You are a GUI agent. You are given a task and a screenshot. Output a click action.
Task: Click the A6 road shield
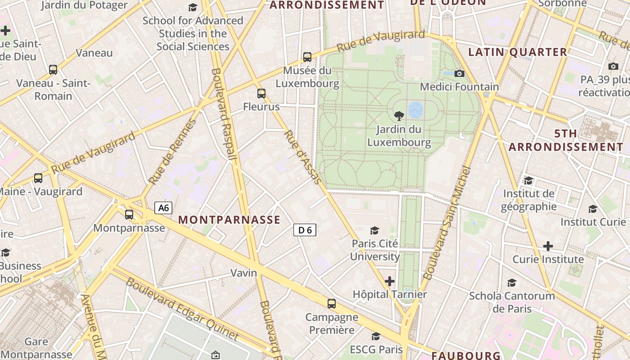coord(163,208)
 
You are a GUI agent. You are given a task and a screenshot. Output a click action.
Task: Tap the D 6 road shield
coord(305,230)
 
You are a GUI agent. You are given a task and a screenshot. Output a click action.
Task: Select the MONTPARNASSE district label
coord(229,220)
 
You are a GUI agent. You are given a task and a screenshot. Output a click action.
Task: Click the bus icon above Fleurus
coord(261,94)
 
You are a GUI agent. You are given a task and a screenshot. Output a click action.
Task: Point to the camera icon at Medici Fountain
coord(459,73)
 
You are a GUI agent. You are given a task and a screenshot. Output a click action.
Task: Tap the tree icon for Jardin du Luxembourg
coord(399,116)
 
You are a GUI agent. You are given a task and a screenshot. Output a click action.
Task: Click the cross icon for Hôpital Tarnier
coord(390,282)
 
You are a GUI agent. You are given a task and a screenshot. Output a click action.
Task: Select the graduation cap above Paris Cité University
coord(374,231)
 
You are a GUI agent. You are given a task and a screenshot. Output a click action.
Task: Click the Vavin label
coord(244,273)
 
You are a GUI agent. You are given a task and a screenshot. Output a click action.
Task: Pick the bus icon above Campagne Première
coord(332,304)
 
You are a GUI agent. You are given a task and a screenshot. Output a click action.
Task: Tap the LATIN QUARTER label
coord(517,52)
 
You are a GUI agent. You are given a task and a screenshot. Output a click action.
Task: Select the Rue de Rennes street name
coord(173,151)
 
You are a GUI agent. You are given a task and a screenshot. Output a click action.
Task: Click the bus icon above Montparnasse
coord(129,215)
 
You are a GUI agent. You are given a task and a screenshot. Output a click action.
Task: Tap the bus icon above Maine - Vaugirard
coord(38,178)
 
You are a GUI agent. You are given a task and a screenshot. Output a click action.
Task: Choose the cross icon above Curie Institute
coord(548,246)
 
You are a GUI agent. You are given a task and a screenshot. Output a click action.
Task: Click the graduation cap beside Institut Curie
coord(593,209)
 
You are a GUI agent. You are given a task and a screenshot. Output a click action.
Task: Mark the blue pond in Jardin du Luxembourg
coord(416,109)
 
